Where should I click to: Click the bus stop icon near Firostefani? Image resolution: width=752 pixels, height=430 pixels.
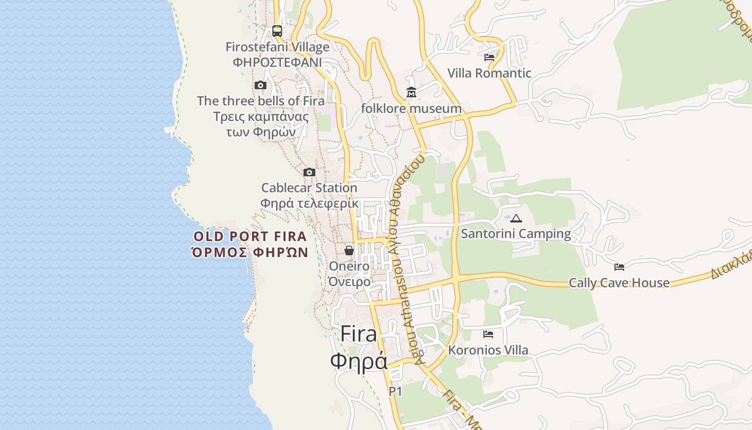tap(277, 31)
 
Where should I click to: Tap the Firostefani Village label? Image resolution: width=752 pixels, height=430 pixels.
tap(277, 47)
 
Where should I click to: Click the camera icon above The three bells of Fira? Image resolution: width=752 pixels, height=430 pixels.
tap(261, 85)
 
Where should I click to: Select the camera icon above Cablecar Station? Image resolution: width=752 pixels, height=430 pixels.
tap(309, 172)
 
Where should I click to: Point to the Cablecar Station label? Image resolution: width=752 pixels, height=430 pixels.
tap(309, 188)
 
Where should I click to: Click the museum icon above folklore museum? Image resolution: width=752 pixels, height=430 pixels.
tap(411, 92)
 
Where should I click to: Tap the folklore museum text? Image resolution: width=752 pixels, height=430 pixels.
tap(411, 109)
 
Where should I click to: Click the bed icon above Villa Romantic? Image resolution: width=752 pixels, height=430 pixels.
tap(489, 57)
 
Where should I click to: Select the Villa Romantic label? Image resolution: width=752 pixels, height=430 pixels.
tap(489, 73)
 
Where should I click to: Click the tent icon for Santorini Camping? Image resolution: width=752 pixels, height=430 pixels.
tap(516, 218)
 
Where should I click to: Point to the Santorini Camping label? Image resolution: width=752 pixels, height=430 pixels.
tap(516, 234)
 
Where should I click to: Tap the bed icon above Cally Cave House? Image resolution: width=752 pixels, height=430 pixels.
tap(619, 267)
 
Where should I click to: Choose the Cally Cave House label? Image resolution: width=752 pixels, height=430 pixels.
tap(619, 283)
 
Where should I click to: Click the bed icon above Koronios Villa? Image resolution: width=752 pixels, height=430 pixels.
tap(488, 334)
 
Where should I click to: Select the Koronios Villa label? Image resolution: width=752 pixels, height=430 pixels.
tap(488, 350)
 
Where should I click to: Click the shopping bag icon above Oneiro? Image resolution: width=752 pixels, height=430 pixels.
tap(349, 250)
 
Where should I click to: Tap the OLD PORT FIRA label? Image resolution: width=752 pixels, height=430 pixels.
tap(250, 236)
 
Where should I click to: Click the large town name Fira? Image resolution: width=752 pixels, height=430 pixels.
tap(359, 334)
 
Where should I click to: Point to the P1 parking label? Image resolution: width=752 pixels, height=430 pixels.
tap(395, 392)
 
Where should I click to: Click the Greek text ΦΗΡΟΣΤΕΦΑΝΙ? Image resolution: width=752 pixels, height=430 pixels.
tap(277, 62)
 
